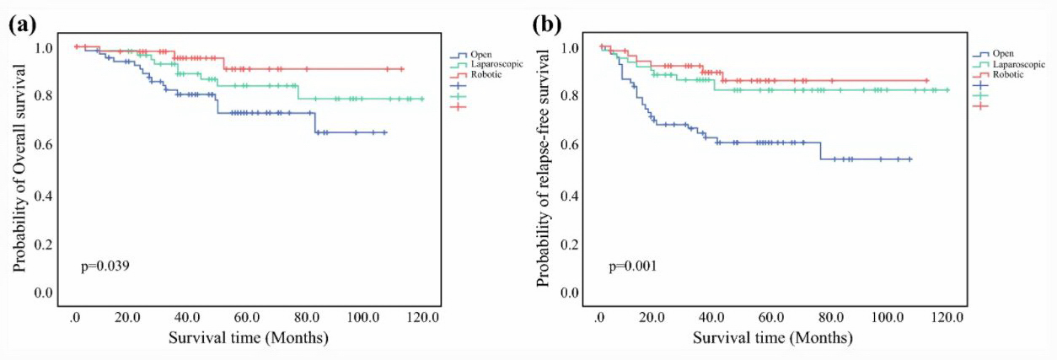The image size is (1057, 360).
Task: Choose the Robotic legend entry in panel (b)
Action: tap(1009, 74)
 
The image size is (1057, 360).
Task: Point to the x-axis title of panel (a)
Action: tap(248, 338)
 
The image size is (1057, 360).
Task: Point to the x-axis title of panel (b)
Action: tap(773, 338)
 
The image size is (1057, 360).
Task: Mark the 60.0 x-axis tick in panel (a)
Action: tap(246, 317)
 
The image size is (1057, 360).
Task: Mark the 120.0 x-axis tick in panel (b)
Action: tap(947, 317)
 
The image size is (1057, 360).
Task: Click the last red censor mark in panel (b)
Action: tap(926, 81)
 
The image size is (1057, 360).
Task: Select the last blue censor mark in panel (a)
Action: tap(384, 132)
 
